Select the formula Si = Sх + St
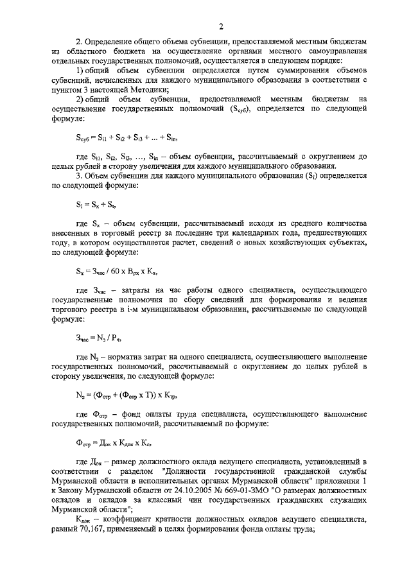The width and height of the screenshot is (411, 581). (x=96, y=204)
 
